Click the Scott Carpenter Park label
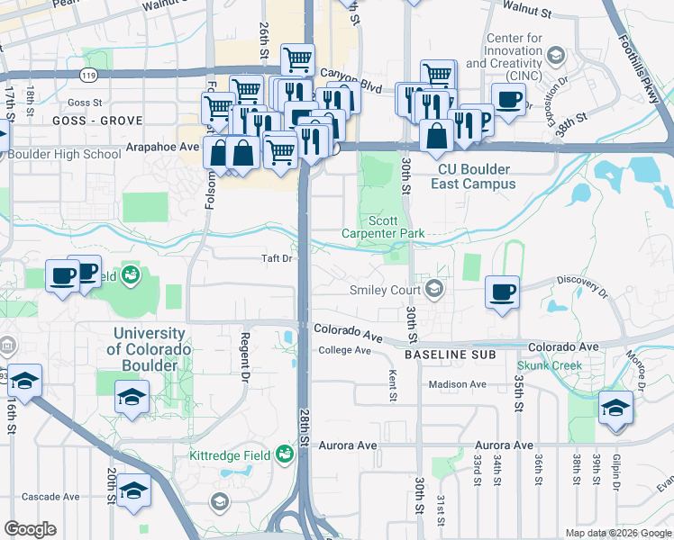click(382, 227)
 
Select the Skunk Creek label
click(549, 366)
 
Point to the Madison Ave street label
click(457, 384)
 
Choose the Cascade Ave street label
click(51, 496)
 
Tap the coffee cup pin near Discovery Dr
click(502, 292)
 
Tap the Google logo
click(30, 529)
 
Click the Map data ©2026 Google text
click(617, 533)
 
